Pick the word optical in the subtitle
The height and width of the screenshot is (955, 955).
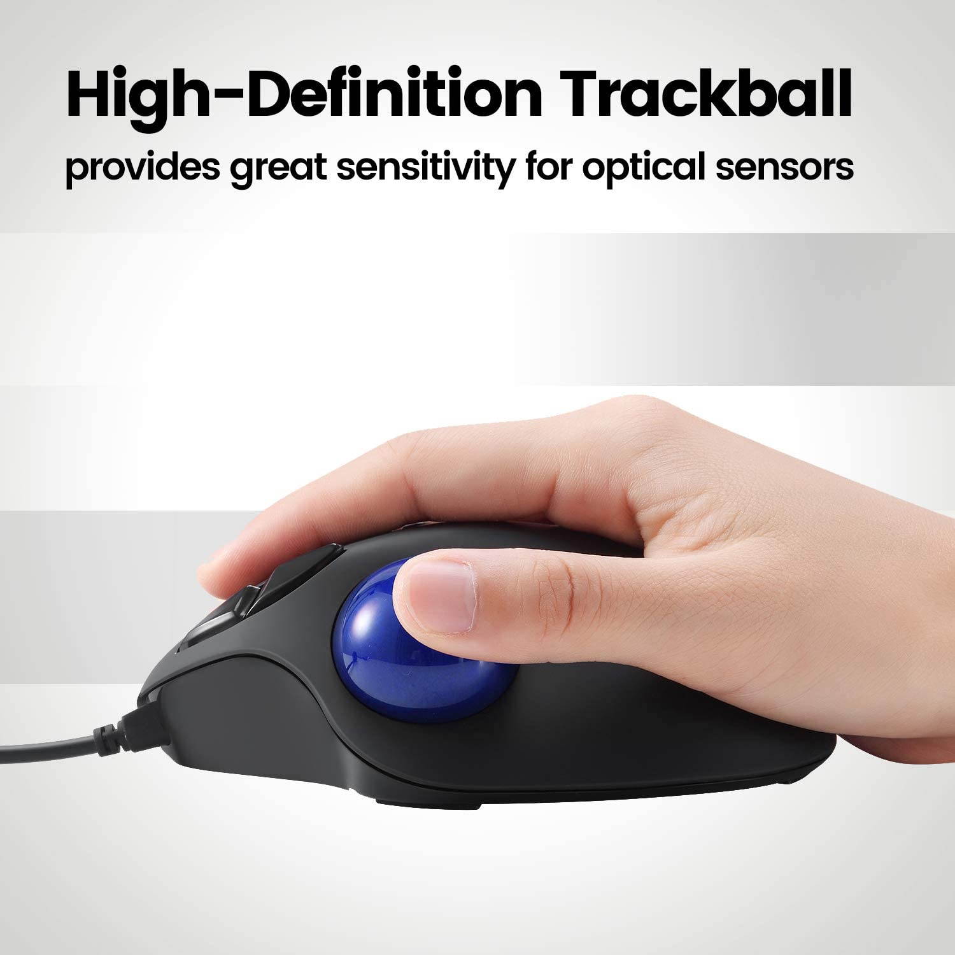click(644, 167)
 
